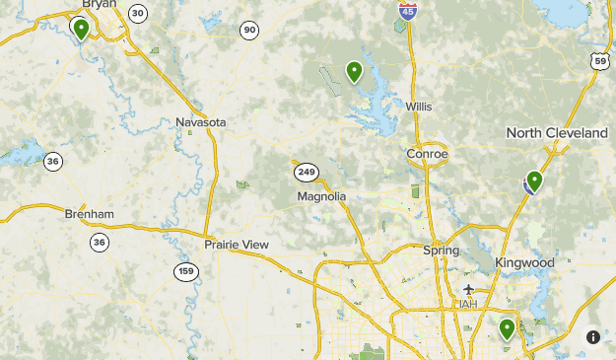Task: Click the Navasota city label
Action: click(201, 122)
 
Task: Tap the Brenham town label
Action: click(90, 214)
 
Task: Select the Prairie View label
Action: click(237, 244)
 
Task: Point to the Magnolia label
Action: click(321, 196)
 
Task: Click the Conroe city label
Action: click(427, 154)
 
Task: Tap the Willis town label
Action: click(420, 107)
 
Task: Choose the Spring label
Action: click(441, 251)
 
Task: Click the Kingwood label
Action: click(524, 263)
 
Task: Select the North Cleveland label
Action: click(557, 133)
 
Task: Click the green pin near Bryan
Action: click(81, 28)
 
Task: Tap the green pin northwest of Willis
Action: click(354, 70)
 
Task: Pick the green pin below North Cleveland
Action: click(534, 180)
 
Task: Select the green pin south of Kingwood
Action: click(508, 327)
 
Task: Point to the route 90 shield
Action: click(249, 31)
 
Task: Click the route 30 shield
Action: click(138, 13)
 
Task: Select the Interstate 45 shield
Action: click(407, 10)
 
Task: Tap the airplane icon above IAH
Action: click(468, 289)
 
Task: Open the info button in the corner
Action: click(593, 336)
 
